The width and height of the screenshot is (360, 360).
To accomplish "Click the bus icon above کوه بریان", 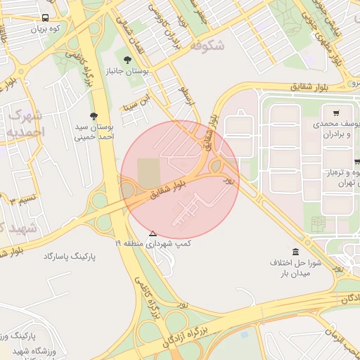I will pyautogui.click(x=46, y=18).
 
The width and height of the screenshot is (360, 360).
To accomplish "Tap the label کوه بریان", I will pyautogui.click(x=44, y=30).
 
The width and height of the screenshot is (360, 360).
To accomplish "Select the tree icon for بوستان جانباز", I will pyautogui.click(x=127, y=60).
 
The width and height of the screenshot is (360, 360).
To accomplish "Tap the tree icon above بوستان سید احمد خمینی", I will pyautogui.click(x=94, y=116).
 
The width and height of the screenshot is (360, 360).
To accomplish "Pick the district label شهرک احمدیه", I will pyautogui.click(x=27, y=123).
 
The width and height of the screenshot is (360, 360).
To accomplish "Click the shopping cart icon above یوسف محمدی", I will pyautogui.click(x=337, y=112).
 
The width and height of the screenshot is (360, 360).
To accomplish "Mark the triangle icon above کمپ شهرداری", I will pyautogui.click(x=153, y=233).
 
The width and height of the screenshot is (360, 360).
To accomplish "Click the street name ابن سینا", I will pyautogui.click(x=136, y=101).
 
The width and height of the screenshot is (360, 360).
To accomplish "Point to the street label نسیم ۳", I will pyautogui.click(x=20, y=200).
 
